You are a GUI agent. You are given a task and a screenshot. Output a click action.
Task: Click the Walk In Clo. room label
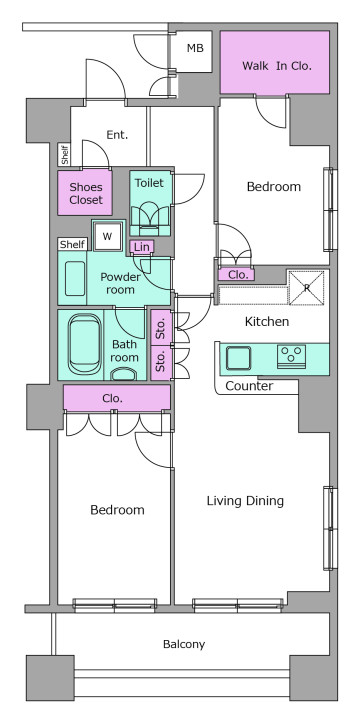pos(277,66)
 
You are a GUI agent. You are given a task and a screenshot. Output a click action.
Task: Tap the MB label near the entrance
pos(195,48)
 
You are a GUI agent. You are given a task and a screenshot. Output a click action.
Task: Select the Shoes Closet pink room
pos(85,193)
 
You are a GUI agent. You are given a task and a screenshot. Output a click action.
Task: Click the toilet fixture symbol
pos(150,216)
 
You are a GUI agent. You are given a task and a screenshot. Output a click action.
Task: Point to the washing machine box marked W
pos(108,236)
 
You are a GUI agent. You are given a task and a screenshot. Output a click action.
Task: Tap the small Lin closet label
pos(142,247)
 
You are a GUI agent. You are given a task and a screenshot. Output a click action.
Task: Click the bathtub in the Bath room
pos(85,344)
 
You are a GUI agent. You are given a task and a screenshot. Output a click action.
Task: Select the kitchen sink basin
pos(239,358)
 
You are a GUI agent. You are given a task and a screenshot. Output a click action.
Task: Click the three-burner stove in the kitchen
pos(291,356)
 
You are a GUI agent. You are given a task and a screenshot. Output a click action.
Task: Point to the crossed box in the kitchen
pos(306,288)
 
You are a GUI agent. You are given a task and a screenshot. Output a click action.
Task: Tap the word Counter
pos(249,386)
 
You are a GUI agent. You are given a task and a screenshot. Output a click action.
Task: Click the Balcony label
pos(184,644)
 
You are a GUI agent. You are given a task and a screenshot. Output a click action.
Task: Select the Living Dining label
pos(245,501)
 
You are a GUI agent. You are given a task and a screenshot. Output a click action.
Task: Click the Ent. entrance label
pos(117,135)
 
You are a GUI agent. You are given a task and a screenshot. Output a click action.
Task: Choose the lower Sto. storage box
pos(161,362)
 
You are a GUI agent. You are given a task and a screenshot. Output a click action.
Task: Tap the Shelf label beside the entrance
pos(64,155)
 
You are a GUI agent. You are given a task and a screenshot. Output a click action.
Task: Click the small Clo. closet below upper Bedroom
pos(236,275)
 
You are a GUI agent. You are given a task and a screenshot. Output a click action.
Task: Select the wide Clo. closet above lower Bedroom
pos(117,398)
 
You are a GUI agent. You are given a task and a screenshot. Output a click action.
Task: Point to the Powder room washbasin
pos(75,278)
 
